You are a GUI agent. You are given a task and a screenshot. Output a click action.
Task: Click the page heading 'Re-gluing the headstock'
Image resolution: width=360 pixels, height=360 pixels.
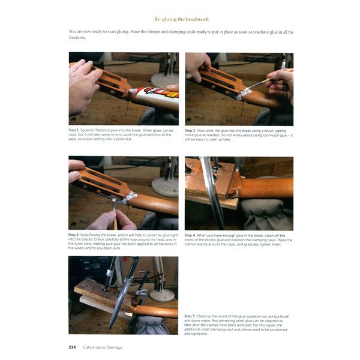point(180,19)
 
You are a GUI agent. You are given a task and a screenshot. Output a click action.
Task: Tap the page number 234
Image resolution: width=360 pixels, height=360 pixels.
point(73,346)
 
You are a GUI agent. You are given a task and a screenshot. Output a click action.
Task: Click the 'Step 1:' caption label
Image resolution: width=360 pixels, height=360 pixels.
point(76,130)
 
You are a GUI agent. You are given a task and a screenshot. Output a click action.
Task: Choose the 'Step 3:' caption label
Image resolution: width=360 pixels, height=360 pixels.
point(76,235)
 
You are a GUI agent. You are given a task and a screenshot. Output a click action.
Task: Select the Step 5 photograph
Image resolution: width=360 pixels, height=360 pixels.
point(123,295)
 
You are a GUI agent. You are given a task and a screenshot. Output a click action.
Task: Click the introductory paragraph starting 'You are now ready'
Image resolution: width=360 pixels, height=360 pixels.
point(180,34)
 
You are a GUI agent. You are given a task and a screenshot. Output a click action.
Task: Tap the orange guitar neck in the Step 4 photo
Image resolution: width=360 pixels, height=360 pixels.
point(264,187)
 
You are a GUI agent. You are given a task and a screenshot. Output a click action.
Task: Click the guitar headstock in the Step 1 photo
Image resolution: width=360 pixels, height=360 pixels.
point(114,84)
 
